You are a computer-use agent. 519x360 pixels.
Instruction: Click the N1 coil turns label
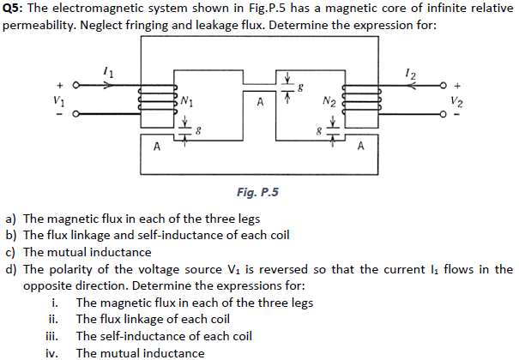click(x=187, y=101)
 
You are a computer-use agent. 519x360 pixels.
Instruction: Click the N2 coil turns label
click(x=329, y=101)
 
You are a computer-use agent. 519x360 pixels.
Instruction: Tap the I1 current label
click(x=108, y=72)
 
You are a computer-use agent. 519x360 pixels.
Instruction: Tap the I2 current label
click(x=410, y=74)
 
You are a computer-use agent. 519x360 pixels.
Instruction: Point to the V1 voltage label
click(x=59, y=101)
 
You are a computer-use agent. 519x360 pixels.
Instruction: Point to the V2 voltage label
click(x=458, y=102)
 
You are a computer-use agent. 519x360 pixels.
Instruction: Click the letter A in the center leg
click(x=261, y=102)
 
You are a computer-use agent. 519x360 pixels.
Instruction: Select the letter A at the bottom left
click(x=157, y=146)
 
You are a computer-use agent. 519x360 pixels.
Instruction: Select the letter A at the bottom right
click(x=361, y=146)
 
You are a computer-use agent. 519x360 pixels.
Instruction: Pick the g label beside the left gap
click(x=198, y=130)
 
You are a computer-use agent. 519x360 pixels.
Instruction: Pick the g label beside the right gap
click(x=319, y=131)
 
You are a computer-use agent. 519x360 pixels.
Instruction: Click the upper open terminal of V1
click(x=76, y=86)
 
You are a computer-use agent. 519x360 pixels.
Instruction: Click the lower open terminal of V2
click(x=444, y=114)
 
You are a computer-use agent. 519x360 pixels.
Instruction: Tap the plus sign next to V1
click(x=59, y=86)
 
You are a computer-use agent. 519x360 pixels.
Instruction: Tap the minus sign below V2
click(x=457, y=115)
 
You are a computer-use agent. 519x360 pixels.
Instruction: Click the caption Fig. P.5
click(x=257, y=192)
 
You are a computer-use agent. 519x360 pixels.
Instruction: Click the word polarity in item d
click(x=70, y=270)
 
